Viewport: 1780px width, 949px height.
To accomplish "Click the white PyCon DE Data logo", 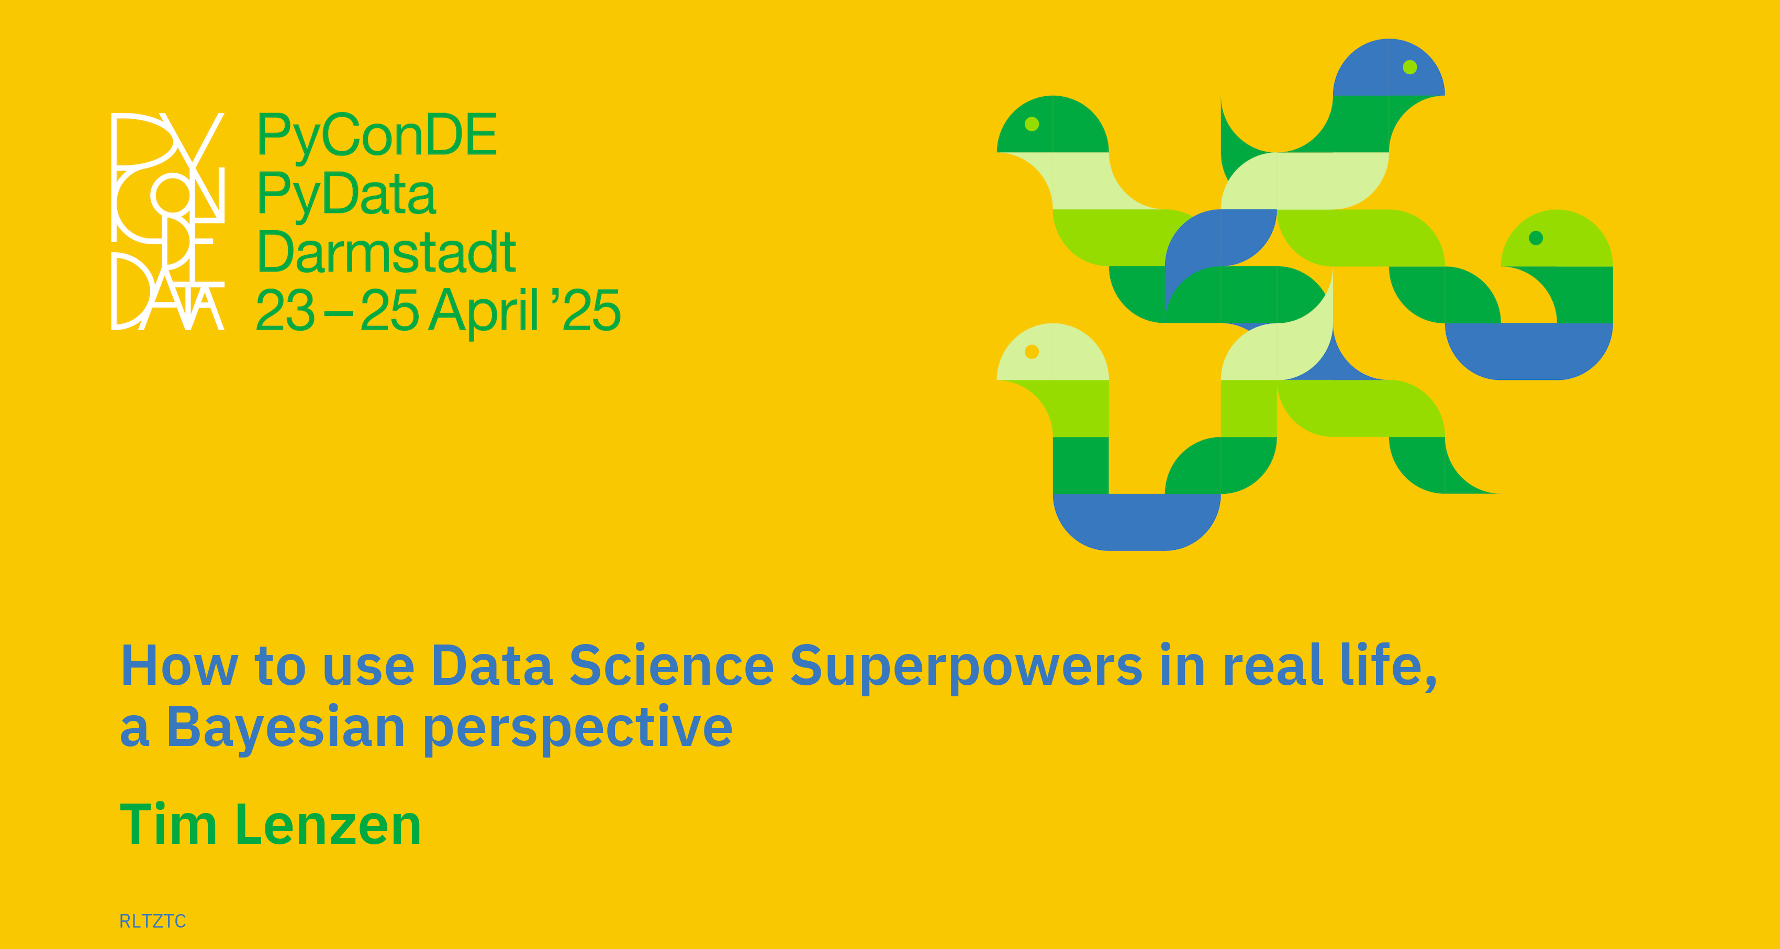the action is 168,221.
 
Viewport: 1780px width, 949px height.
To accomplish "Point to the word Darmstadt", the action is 386,252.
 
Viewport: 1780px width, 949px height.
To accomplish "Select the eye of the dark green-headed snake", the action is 1032,125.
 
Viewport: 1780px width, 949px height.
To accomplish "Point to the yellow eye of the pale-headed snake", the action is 1032,352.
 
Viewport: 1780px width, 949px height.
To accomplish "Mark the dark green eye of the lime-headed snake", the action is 1536,238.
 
